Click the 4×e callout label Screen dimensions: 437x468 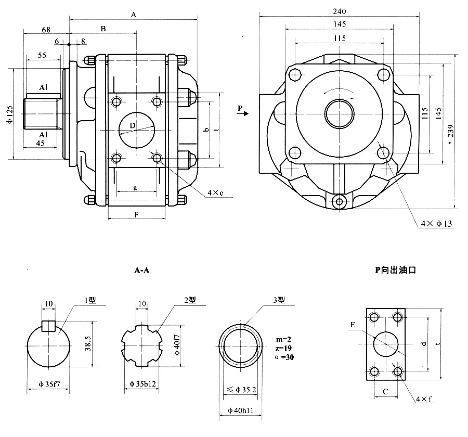215,193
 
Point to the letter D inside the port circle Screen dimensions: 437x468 132,126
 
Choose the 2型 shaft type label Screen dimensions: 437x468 189,300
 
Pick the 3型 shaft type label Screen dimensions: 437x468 279,300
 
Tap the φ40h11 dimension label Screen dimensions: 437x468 241,411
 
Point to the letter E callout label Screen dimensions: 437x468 353,325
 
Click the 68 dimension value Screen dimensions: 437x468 46,30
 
